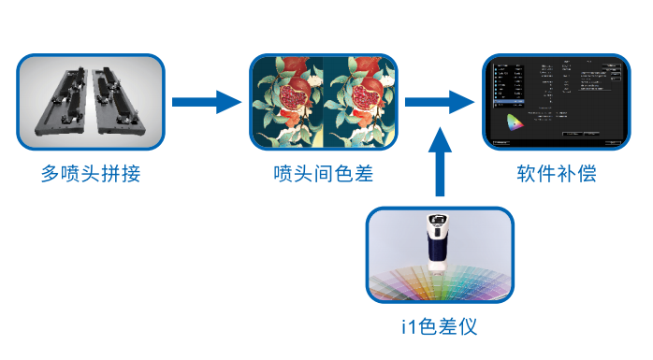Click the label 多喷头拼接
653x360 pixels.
(91, 174)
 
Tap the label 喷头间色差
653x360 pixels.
(324, 174)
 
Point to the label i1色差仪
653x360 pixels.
(439, 327)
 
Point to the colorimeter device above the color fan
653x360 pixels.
(437, 244)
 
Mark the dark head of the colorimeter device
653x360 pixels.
(436, 224)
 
